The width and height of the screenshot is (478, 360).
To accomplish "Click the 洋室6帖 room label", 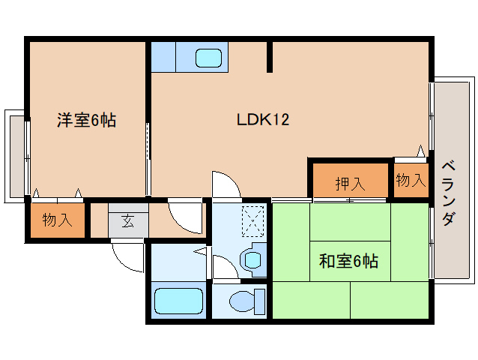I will (x=86, y=119).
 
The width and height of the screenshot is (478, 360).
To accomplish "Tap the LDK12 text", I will (x=263, y=119).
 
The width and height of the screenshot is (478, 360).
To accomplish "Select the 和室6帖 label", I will (x=348, y=261).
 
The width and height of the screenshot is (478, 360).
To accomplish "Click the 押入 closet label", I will (x=350, y=183).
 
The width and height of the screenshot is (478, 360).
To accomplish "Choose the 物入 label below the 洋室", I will (x=57, y=220).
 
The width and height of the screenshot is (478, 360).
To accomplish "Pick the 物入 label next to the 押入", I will (x=411, y=181).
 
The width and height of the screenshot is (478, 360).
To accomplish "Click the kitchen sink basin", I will (x=208, y=58).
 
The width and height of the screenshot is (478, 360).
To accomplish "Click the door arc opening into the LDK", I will (x=225, y=184).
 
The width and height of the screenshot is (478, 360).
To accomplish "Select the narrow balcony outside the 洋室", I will (x=15, y=155).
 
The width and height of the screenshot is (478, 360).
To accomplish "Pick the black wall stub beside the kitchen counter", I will (x=269, y=57).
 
